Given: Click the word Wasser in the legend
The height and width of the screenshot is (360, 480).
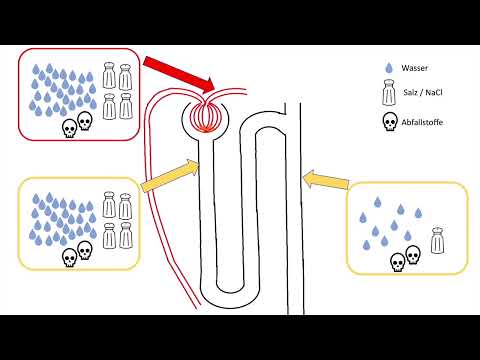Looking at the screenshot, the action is tap(414, 70).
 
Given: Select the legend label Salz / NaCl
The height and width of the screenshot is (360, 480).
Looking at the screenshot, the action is tap(422, 95).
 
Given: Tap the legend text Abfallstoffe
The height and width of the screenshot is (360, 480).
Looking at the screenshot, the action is tap(423, 123).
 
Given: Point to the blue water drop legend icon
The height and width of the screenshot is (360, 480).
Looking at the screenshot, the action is tap(388, 70).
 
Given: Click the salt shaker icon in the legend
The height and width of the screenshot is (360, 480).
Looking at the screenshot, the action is tap(387, 95).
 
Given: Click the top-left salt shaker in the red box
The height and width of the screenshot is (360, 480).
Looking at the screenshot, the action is tap(109, 77).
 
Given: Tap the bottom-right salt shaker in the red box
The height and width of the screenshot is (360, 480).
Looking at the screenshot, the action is tap(126, 107).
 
